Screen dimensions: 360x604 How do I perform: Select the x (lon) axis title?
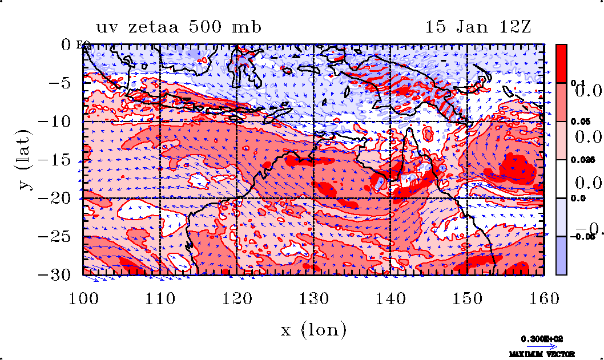(x=313, y=330)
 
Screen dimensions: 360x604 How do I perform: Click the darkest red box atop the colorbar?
(x=562, y=63)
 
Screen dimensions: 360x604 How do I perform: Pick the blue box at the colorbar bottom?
(x=562, y=256)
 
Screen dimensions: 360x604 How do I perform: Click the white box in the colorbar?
(x=562, y=179)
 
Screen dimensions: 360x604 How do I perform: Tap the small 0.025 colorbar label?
(x=579, y=160)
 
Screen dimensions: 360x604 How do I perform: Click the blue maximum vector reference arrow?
(x=542, y=346)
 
